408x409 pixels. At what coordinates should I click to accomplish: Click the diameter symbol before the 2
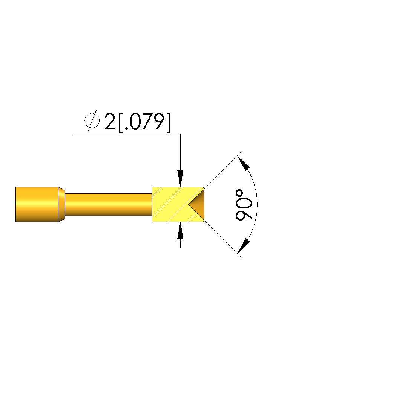tap(92, 121)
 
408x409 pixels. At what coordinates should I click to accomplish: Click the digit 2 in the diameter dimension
tap(110, 121)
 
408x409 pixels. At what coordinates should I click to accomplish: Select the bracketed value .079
tap(144, 122)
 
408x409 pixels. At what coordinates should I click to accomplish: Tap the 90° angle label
tap(244, 205)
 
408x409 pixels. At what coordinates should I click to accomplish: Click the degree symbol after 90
tap(239, 193)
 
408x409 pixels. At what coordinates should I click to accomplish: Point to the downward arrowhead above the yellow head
tap(180, 178)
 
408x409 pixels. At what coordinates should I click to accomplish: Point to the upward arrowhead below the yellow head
tap(180, 230)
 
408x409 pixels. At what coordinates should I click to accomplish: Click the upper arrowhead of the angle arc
tap(244, 163)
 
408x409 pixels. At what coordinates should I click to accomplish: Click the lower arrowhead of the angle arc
tap(244, 246)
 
